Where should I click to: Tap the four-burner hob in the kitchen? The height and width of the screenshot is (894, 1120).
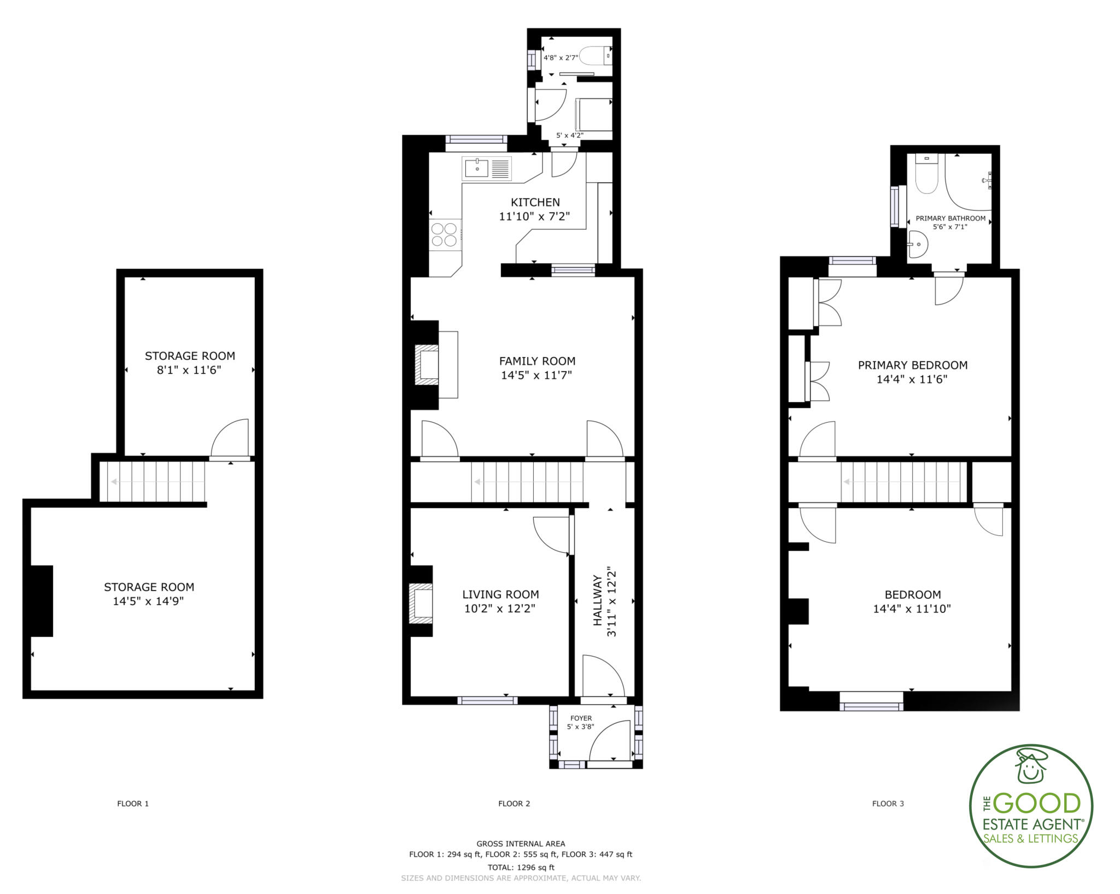(444, 233)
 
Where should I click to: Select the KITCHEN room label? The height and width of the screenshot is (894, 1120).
(535, 202)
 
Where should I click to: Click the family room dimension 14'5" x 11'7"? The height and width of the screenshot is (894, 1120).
(536, 375)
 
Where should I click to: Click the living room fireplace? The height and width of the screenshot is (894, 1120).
(421, 604)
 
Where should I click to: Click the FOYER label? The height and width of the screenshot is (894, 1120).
(581, 718)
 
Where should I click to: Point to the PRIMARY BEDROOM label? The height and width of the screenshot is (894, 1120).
(912, 365)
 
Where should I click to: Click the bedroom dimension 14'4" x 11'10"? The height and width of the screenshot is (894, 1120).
(912, 609)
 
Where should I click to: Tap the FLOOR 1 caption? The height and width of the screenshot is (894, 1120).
(133, 803)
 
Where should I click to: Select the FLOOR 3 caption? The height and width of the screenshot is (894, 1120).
(888, 803)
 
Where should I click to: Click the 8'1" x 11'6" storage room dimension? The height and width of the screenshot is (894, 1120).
(189, 370)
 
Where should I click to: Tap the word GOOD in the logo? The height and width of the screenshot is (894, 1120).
(1037, 804)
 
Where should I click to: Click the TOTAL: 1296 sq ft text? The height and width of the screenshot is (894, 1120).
(521, 867)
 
